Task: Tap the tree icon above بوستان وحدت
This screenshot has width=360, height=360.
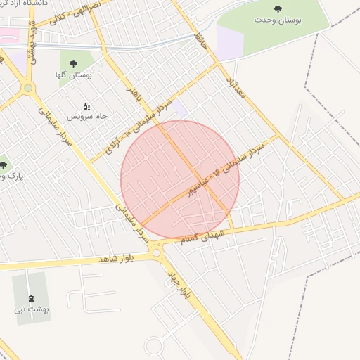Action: (279, 9)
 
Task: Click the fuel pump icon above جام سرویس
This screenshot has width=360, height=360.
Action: (86, 105)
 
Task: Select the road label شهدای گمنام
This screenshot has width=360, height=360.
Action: (204, 235)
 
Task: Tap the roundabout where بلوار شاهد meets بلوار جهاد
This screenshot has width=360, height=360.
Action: (157, 252)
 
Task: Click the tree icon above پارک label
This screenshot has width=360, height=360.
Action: (3, 166)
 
